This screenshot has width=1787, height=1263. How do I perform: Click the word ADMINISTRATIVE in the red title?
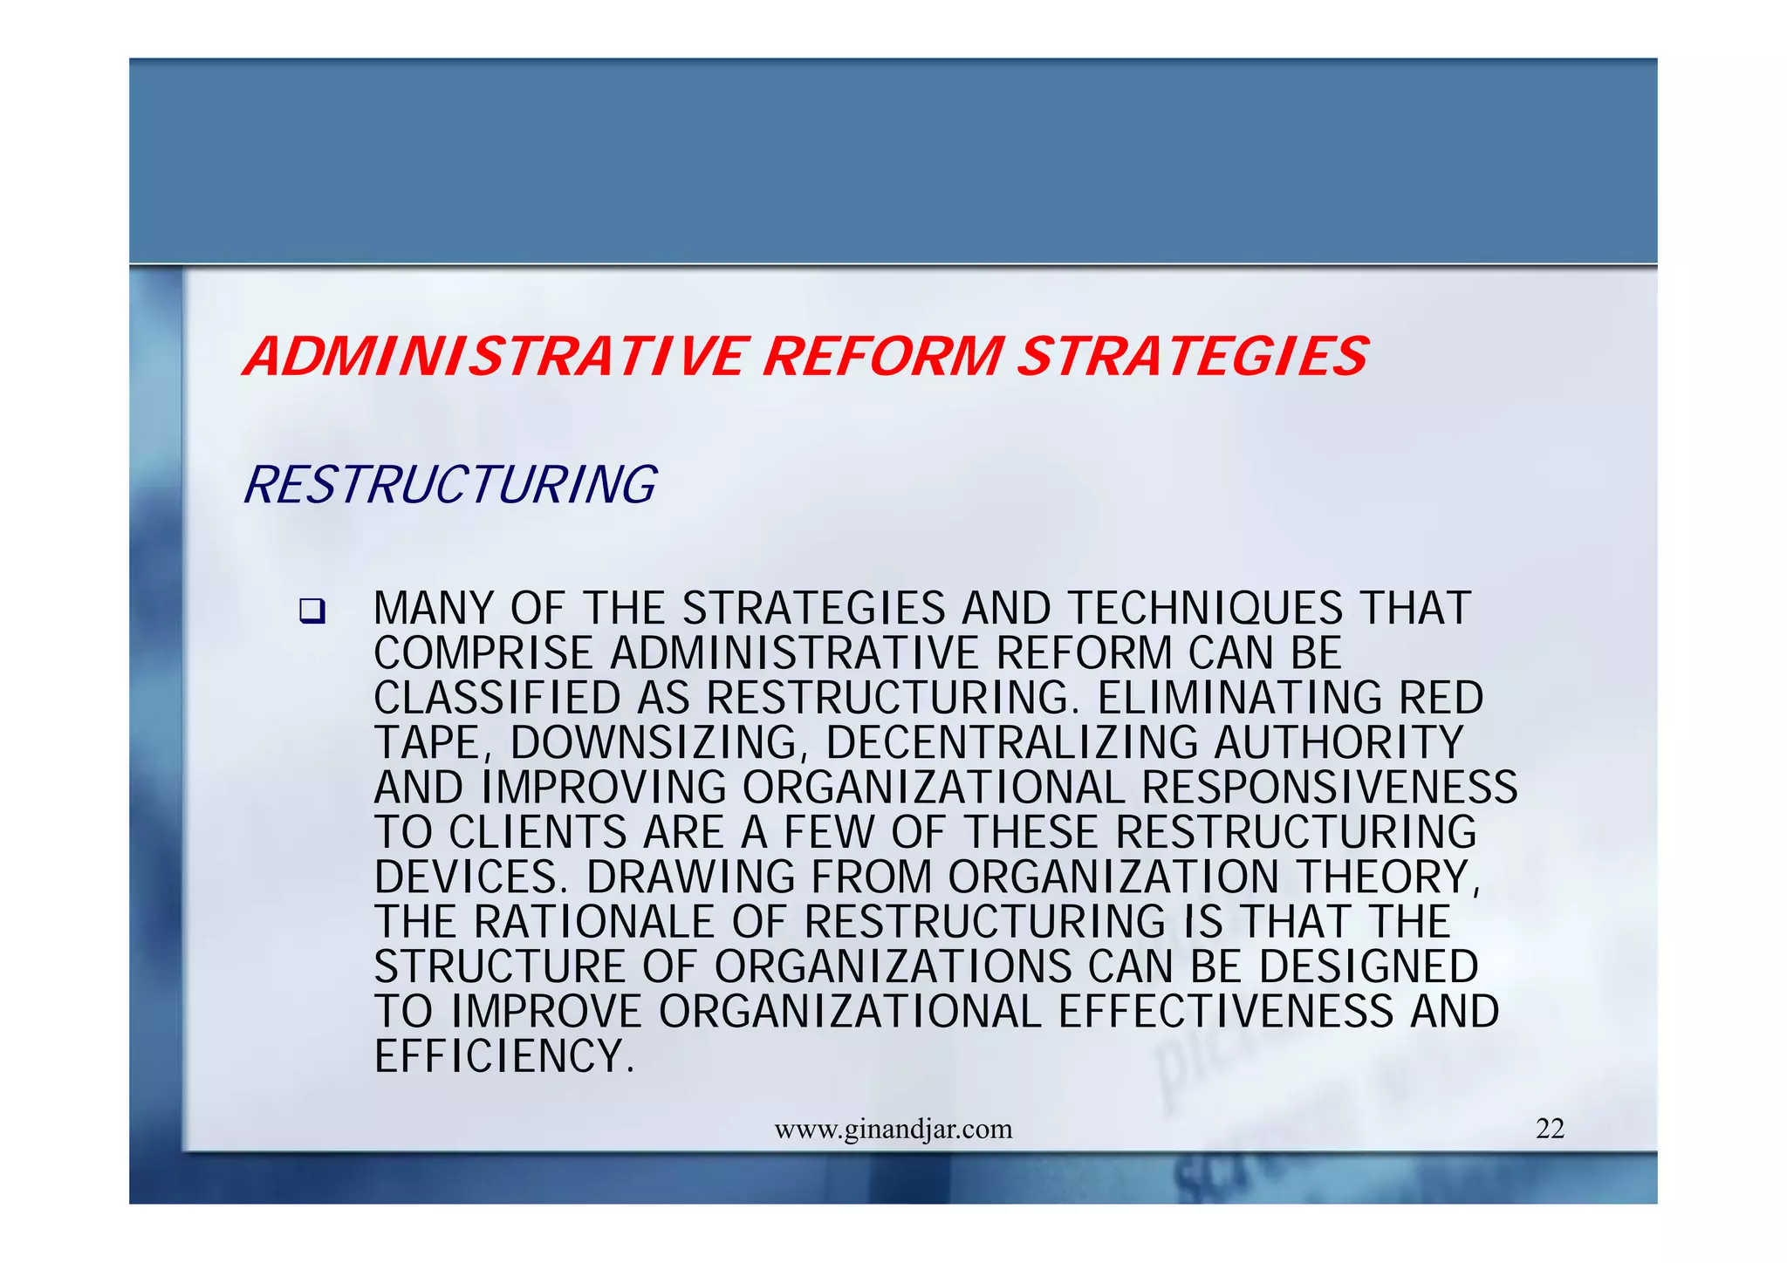496,357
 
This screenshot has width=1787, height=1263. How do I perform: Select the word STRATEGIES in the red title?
1193,357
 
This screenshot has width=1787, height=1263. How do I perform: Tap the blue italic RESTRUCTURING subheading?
450,485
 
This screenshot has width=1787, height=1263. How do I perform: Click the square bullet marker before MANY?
311,611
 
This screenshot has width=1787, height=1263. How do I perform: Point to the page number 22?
1550,1129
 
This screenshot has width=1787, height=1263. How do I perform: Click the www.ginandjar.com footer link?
893,1130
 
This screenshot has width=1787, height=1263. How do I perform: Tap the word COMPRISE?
483,653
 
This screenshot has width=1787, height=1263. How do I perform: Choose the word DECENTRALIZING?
1012,743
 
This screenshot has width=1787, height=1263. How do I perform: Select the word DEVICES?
471,877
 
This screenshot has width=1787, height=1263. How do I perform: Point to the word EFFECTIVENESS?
1225,1012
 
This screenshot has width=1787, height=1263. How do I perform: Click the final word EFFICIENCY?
503,1056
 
